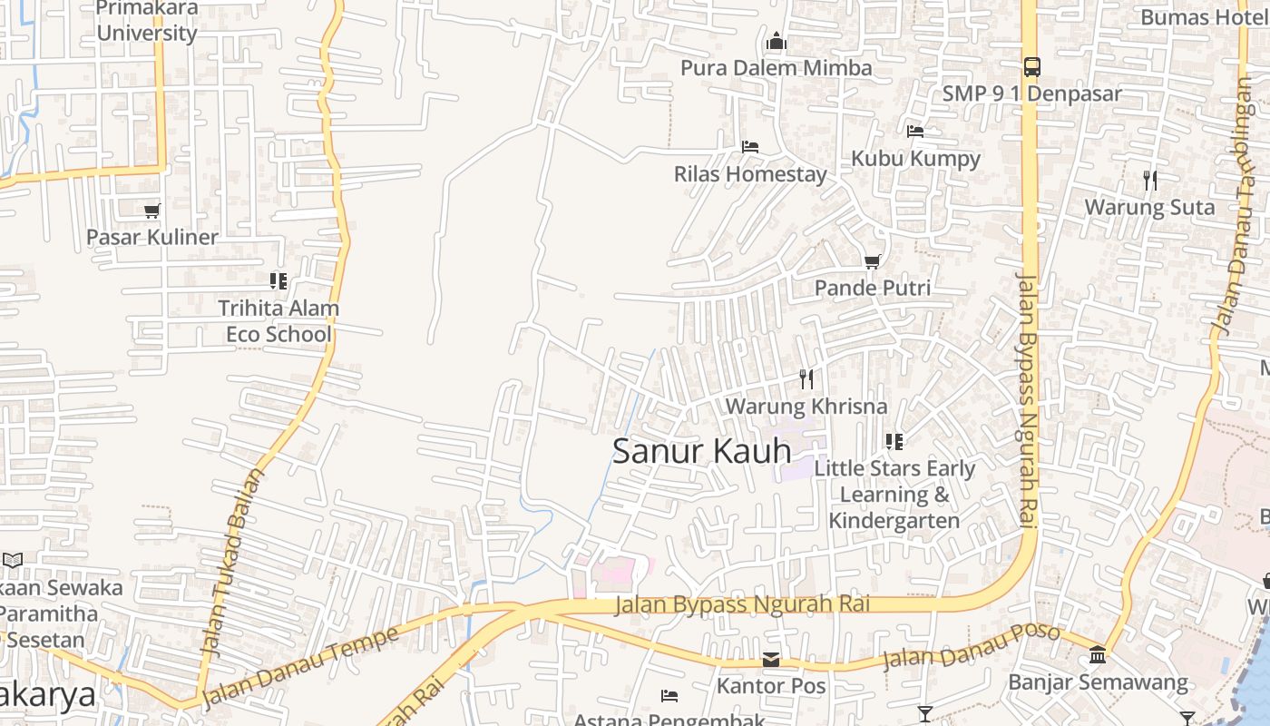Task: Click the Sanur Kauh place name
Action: [x=701, y=451]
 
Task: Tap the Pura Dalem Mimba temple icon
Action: [x=776, y=42]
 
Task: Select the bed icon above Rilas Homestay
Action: [x=749, y=146]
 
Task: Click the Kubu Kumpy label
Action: [x=915, y=158]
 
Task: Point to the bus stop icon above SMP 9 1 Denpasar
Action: [x=1031, y=66]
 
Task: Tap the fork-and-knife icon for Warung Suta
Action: [x=1149, y=180]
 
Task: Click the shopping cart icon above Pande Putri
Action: [x=872, y=261]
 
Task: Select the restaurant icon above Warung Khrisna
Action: [x=806, y=378]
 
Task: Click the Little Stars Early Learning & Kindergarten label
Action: [x=894, y=495]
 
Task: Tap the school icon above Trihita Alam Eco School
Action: [x=278, y=281]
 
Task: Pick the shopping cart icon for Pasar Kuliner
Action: [x=151, y=211]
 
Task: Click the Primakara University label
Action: [x=146, y=21]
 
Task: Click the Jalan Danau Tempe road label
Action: [x=299, y=668]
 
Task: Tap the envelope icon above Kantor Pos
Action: [x=771, y=660]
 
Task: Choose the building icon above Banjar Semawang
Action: [x=1098, y=654]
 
